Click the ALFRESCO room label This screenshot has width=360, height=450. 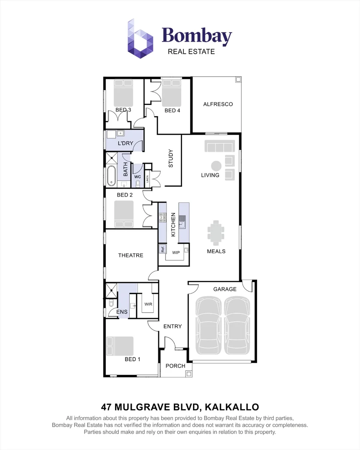[218, 104]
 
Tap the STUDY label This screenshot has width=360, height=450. [170, 158]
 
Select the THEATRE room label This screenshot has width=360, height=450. [130, 255]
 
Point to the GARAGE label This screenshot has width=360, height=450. [225, 289]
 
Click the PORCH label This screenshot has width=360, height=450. [175, 366]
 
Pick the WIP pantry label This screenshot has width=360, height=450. [176, 252]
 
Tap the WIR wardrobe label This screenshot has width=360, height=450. [148, 305]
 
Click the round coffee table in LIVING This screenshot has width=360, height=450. [216, 165]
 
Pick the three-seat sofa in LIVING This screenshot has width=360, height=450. [219, 147]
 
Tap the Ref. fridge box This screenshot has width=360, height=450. [162, 250]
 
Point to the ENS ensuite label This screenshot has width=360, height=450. [122, 312]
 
